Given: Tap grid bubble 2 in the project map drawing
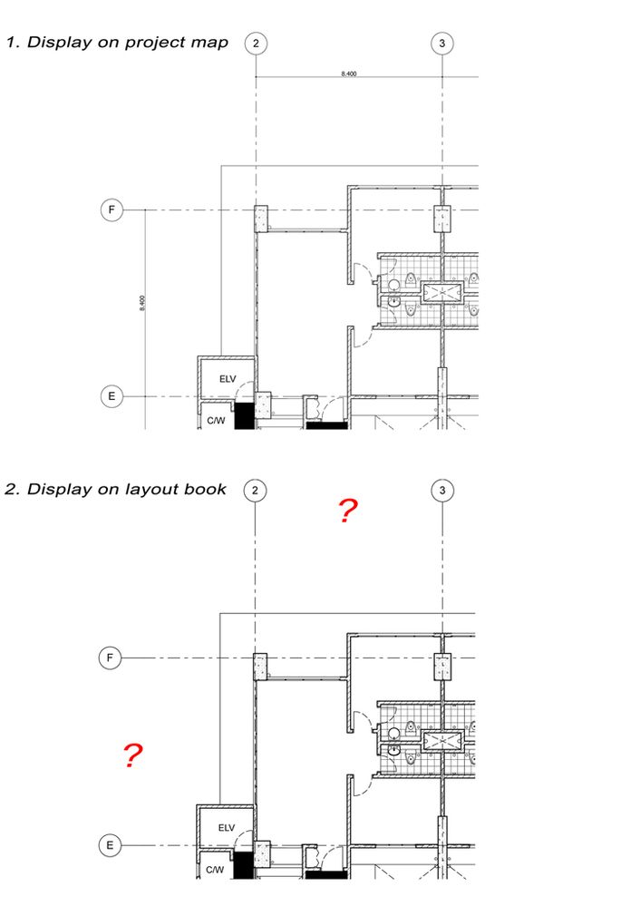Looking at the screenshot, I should (x=257, y=43).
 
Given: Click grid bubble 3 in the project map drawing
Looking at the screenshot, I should (x=442, y=43).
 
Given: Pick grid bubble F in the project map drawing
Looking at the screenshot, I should (x=111, y=210).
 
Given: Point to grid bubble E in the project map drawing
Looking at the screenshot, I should (x=111, y=396).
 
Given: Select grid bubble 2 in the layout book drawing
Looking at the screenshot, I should (x=256, y=490).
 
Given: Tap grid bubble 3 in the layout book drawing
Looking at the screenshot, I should (x=441, y=490).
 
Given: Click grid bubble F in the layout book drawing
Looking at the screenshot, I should (x=110, y=658).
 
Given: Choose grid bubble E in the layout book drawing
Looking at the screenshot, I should (x=110, y=844).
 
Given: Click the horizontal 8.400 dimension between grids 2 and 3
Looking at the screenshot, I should (x=349, y=73).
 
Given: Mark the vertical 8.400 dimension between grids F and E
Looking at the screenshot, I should (x=141, y=303).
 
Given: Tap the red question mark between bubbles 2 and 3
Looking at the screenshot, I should (x=346, y=511).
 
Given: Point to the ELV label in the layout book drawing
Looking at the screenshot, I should (x=225, y=827).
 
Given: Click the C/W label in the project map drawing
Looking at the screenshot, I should (x=216, y=420).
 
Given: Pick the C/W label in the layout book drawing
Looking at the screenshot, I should (x=215, y=868).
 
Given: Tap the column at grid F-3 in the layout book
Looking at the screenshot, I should (x=442, y=666).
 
